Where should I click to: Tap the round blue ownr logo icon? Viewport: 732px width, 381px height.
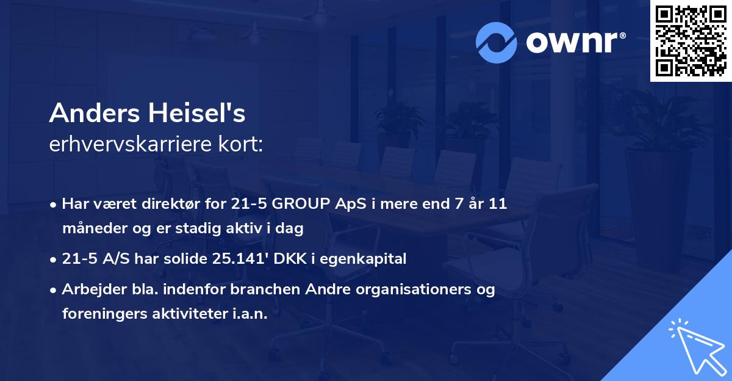[497, 42]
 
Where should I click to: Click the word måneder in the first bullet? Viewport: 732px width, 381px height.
[90, 228]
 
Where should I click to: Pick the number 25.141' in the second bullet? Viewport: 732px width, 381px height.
[237, 259]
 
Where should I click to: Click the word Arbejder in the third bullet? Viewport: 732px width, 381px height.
[89, 289]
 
